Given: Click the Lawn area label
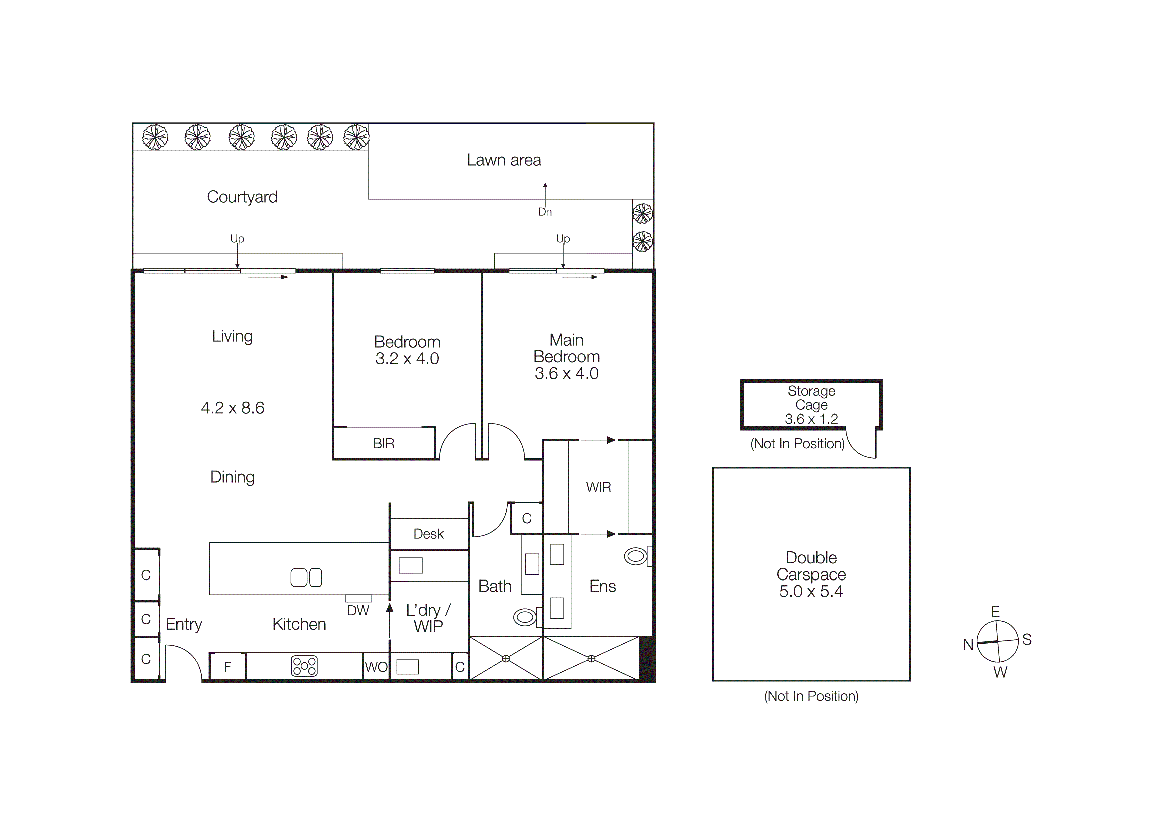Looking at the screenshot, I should (504, 160).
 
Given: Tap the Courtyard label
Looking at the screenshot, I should (242, 197).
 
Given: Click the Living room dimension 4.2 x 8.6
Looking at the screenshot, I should (233, 408).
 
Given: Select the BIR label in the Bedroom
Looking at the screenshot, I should (384, 443).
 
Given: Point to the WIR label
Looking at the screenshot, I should (598, 487).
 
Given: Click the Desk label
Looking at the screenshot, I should (428, 534).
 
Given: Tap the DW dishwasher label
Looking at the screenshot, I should (358, 611).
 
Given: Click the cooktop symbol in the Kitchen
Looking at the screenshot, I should (304, 666).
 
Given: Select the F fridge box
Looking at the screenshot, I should (227, 666).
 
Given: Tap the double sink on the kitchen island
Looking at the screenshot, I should (306, 577).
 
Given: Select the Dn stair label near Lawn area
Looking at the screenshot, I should (545, 212).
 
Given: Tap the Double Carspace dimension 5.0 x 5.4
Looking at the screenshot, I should (811, 591).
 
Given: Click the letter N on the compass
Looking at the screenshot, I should (968, 645).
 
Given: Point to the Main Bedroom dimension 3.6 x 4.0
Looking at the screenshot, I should (566, 373).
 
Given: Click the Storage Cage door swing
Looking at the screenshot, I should (862, 446).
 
